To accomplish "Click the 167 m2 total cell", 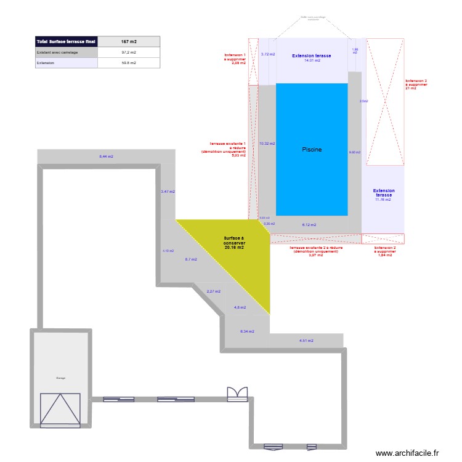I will [x=129, y=41].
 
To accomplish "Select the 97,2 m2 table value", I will [x=129, y=52].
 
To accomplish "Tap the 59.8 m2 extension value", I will [x=129, y=62].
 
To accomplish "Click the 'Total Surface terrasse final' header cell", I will [x=66, y=41].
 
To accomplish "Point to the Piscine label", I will [x=312, y=150].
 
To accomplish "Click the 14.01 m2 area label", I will [x=312, y=60].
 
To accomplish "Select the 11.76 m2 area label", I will [x=383, y=200].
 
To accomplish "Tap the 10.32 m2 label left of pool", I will [x=267, y=144].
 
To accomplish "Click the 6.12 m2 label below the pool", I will [x=309, y=225].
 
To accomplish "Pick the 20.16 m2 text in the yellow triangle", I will [x=234, y=247].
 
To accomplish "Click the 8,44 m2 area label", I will [x=107, y=156].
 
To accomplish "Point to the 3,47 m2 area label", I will [x=168, y=192].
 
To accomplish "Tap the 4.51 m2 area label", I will [x=306, y=341].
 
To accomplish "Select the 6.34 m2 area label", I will [x=246, y=331].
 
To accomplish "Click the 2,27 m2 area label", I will [x=213, y=291].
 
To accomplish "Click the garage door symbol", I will [x=60, y=407].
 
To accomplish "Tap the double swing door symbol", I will [x=237, y=394].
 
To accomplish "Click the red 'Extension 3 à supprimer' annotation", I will [x=416, y=84].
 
